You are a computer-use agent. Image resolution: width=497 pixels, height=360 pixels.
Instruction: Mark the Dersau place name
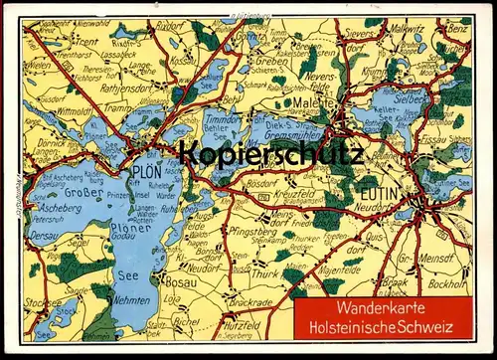coord(46,237)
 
